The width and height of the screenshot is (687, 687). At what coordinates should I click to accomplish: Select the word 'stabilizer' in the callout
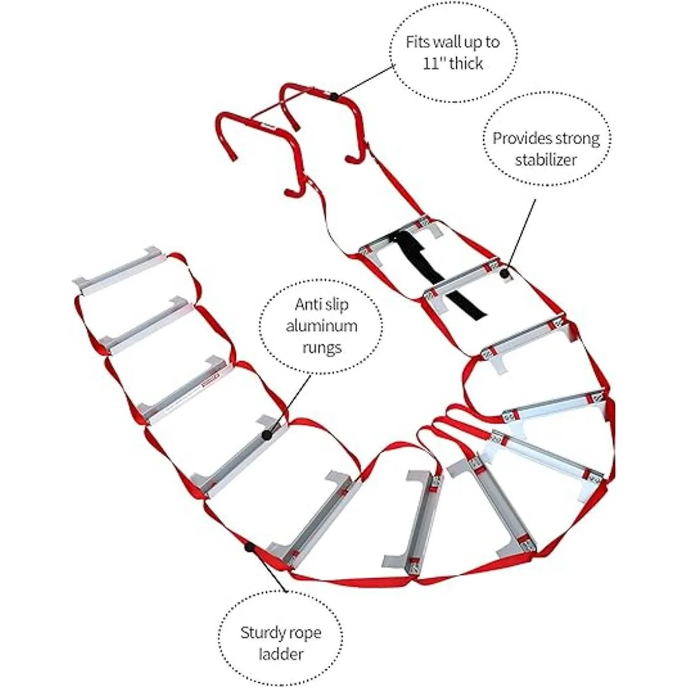[546, 160]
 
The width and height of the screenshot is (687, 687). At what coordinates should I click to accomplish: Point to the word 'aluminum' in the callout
[321, 326]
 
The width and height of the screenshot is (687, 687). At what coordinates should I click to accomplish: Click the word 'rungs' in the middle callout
[322, 348]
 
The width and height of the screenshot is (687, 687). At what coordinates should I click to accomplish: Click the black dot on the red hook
[334, 96]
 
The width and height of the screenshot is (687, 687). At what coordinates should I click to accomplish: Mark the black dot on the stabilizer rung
[504, 274]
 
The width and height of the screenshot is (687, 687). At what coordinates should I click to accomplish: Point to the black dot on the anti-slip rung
[266, 435]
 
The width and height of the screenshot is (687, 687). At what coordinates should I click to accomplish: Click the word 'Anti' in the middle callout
[306, 305]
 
